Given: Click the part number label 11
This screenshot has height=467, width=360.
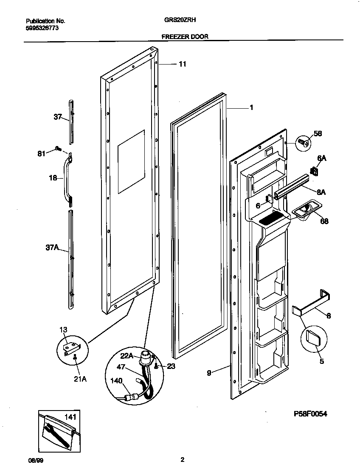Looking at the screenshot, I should pyautogui.click(x=182, y=64).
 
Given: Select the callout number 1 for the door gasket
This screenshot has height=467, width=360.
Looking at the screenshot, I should pyautogui.click(x=251, y=108).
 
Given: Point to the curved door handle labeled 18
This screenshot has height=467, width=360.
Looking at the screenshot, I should pyautogui.click(x=66, y=176).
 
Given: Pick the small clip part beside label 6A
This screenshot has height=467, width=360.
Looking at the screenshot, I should pyautogui.click(x=315, y=171).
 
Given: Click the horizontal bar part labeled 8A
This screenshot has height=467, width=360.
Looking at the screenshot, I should pyautogui.click(x=293, y=186).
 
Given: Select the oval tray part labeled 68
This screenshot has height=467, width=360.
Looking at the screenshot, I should pyautogui.click(x=304, y=209).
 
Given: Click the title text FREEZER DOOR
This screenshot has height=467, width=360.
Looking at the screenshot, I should pyautogui.click(x=185, y=37).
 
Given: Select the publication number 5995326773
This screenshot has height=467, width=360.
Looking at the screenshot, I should pyautogui.click(x=42, y=28).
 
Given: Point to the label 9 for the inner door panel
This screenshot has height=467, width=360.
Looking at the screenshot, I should pyautogui.click(x=209, y=373).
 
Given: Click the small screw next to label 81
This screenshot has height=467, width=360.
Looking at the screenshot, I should pyautogui.click(x=57, y=149).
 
